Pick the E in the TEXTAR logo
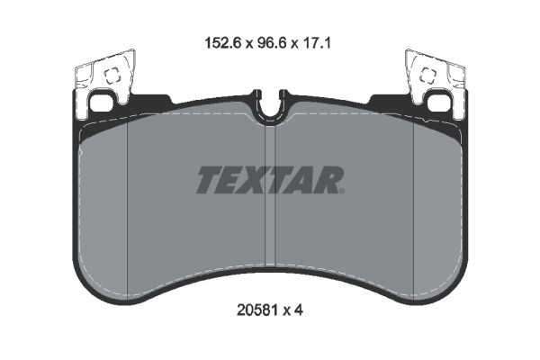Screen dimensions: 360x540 click(230, 180)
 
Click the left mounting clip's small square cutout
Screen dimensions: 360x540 click(112, 77)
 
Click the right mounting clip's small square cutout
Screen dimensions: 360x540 click(427, 77)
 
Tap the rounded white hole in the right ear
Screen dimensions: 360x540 click(438, 103)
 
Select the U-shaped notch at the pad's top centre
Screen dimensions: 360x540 click(269, 106)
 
